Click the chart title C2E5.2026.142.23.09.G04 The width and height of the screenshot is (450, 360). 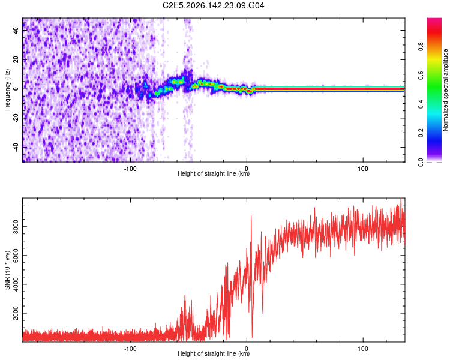click(213, 5)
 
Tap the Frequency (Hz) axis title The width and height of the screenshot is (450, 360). click(7, 90)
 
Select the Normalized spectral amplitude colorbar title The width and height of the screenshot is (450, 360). click(445, 90)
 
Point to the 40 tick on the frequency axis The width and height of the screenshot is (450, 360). click(16, 31)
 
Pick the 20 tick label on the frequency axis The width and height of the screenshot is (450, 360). click(16, 59)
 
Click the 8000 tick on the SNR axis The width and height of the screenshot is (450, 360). click(16, 227)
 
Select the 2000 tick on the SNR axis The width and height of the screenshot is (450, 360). click(16, 313)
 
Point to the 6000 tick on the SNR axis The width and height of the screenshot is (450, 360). click(16, 256)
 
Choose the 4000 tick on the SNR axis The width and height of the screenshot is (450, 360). click(16, 284)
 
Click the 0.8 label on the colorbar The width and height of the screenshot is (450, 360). click(421, 47)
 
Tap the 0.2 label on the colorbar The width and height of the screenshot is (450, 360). click(421, 133)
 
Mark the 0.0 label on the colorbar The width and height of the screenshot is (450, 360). click(421, 162)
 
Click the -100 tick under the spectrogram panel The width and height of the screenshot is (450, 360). click(130, 169)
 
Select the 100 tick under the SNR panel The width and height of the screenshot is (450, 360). click(363, 349)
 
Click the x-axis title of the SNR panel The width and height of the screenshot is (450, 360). click(214, 353)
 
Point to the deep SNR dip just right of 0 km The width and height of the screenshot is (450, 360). click(252, 337)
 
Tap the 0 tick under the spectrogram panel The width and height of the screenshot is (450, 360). click(247, 169)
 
